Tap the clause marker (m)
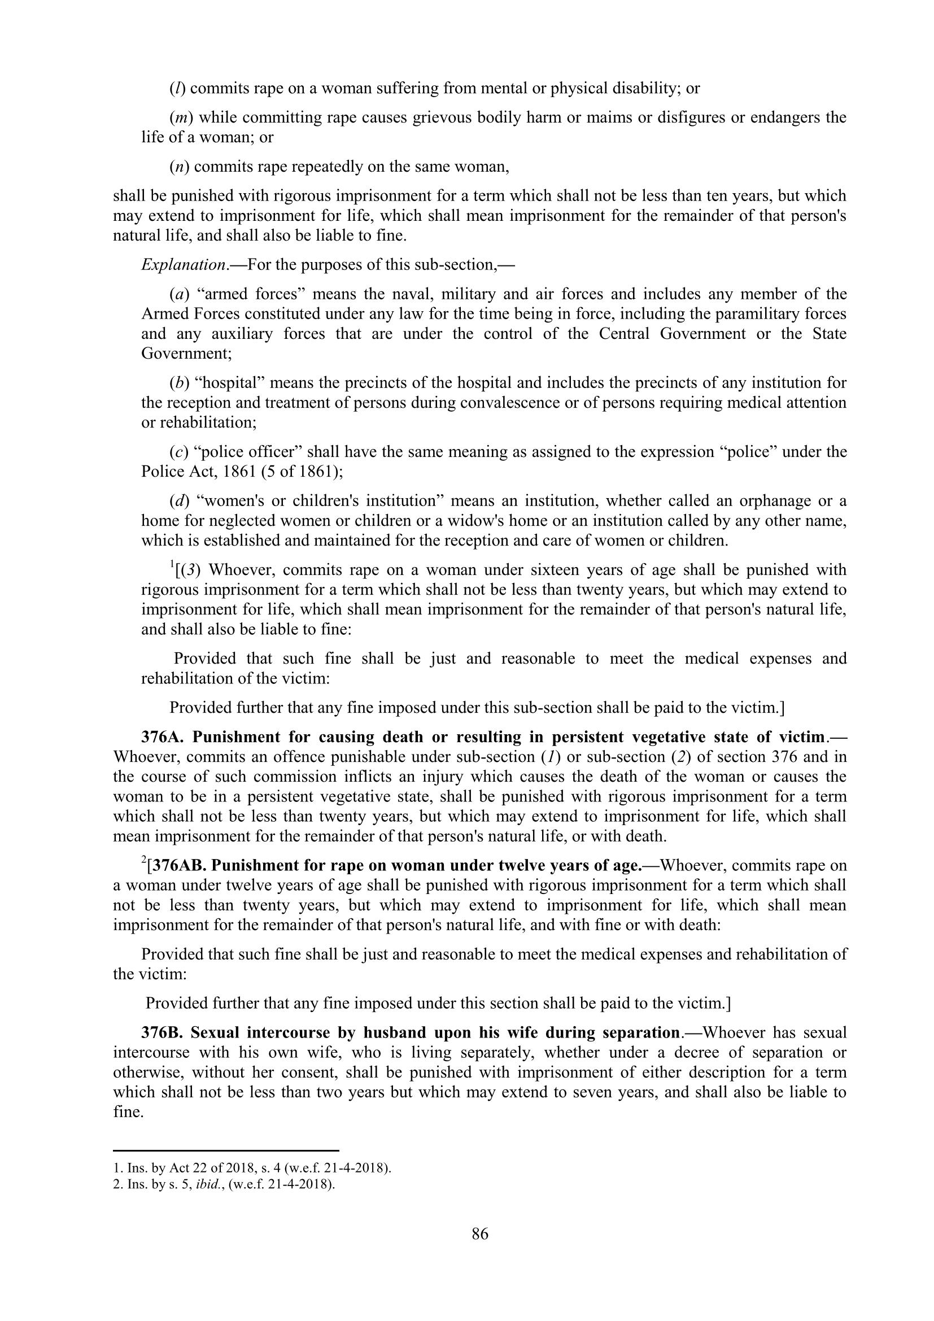click(181, 117)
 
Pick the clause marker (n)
click(180, 167)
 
